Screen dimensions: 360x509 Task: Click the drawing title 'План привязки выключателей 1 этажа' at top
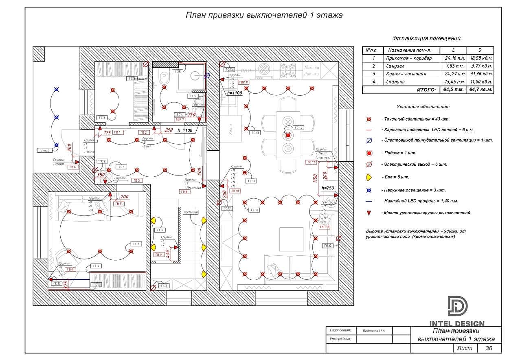click(x=264, y=15)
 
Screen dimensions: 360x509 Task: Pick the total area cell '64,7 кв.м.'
click(x=480, y=90)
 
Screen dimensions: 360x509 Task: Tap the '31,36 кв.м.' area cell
click(x=480, y=74)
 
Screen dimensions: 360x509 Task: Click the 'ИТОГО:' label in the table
click(x=426, y=90)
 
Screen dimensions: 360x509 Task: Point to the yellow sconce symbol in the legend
click(x=369, y=177)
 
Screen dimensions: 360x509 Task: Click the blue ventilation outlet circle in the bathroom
click(x=207, y=75)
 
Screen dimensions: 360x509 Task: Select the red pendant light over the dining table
click(x=288, y=135)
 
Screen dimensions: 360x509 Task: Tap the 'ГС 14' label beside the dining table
click(x=298, y=127)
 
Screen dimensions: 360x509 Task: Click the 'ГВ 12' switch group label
click(x=311, y=162)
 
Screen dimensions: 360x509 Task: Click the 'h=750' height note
click(x=328, y=188)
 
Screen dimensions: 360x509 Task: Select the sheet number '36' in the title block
click(x=488, y=348)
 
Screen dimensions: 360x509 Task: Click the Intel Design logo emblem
click(x=457, y=306)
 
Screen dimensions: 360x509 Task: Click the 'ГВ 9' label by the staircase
click(x=158, y=255)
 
